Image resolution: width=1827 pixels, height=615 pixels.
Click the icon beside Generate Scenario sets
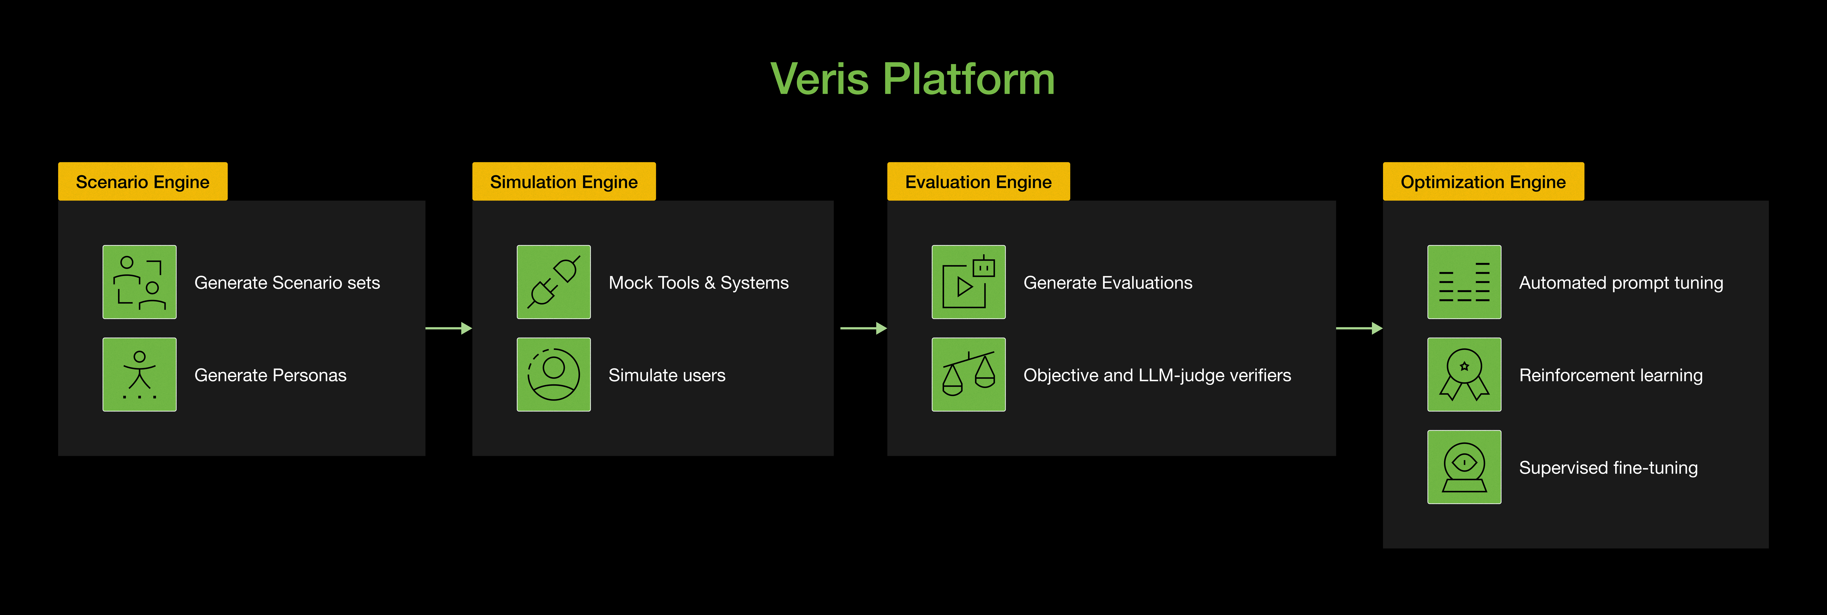[x=140, y=282]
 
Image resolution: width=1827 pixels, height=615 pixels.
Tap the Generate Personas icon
[x=140, y=374]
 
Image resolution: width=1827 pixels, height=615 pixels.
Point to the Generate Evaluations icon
[x=968, y=282]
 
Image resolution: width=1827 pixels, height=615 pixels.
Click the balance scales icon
[x=968, y=374]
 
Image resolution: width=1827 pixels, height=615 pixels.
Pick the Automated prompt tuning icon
[x=1464, y=282]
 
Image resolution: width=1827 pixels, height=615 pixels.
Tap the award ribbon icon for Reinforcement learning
[x=1464, y=374]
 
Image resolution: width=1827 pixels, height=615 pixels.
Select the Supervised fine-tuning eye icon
[x=1464, y=467]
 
